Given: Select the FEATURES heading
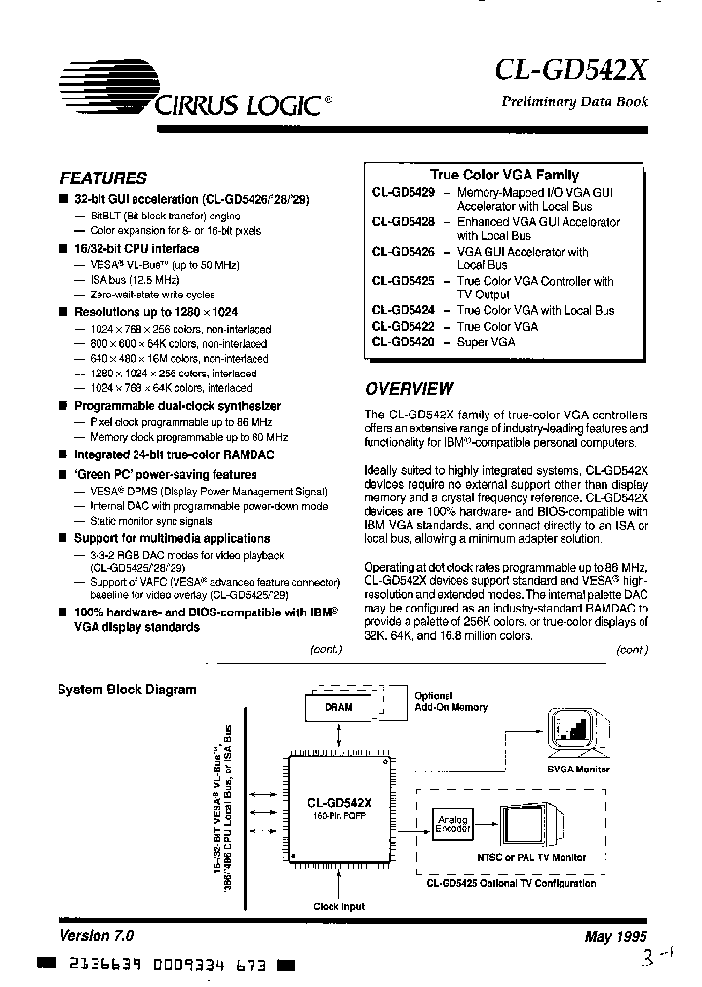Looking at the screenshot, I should pyautogui.click(x=103, y=178).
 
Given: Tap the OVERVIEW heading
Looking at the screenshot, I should pyautogui.click(x=409, y=388).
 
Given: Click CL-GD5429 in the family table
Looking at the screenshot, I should pyautogui.click(x=403, y=194).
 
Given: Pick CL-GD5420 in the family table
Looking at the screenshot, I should pyautogui.click(x=403, y=341).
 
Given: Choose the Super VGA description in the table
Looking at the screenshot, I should pyautogui.click(x=486, y=341).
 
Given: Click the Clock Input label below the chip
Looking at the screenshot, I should pyautogui.click(x=338, y=906).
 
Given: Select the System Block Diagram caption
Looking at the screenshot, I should pyautogui.click(x=127, y=690).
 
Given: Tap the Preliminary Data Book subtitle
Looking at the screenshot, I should pyautogui.click(x=574, y=102).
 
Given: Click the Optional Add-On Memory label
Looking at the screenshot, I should pyautogui.click(x=450, y=702).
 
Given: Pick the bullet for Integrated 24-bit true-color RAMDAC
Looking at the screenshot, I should pyautogui.click(x=63, y=454).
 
